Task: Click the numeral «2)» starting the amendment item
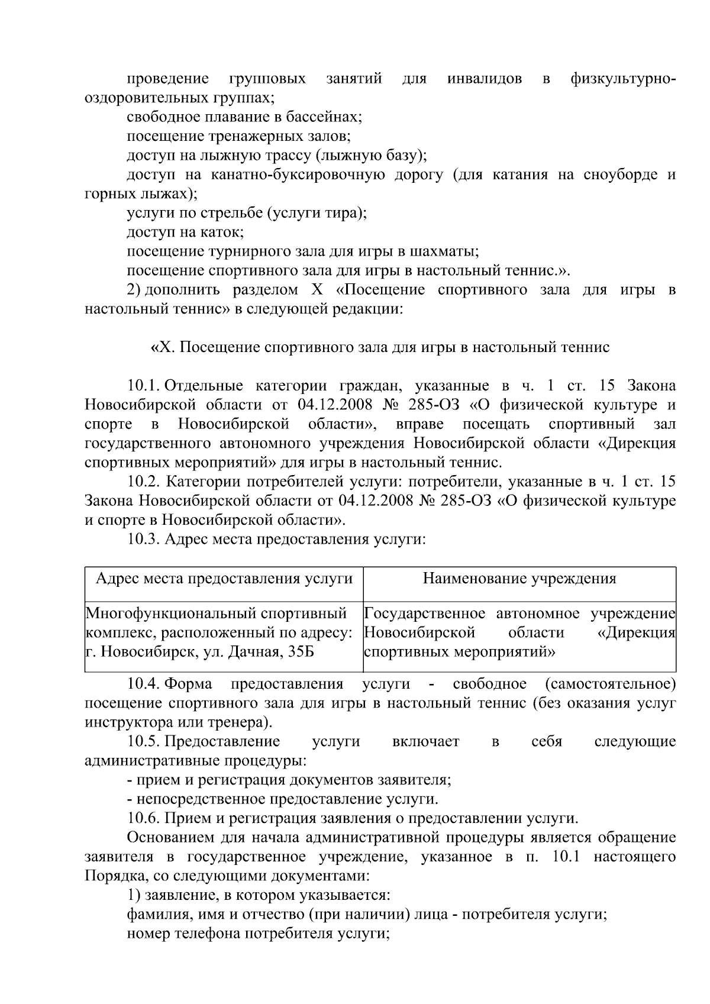click(134, 290)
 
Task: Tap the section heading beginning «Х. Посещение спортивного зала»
click(380, 347)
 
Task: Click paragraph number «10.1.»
click(144, 386)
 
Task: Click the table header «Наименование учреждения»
click(519, 579)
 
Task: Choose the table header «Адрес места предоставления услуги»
click(224, 579)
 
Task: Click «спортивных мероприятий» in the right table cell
click(460, 653)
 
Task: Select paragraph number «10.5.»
click(144, 742)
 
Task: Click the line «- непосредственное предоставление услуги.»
click(283, 800)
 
